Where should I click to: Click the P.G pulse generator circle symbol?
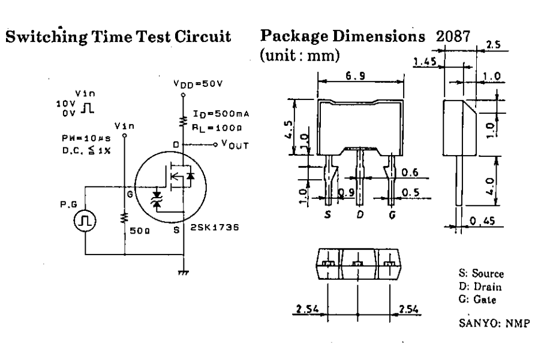pos(86,222)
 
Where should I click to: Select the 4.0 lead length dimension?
pos(490,180)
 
